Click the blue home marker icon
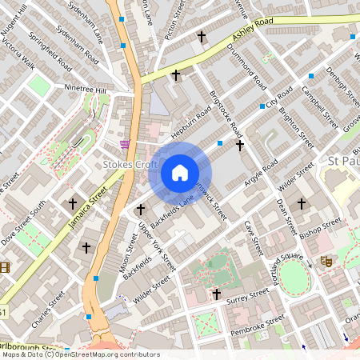click(x=180, y=173)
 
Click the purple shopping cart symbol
click(x=124, y=143)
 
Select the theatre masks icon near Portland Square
click(x=326, y=261)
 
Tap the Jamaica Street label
click(x=88, y=206)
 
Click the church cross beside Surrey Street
click(x=216, y=294)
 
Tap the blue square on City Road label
click(x=262, y=106)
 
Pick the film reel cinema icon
click(x=4, y=267)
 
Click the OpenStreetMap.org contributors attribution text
click(x=107, y=354)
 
